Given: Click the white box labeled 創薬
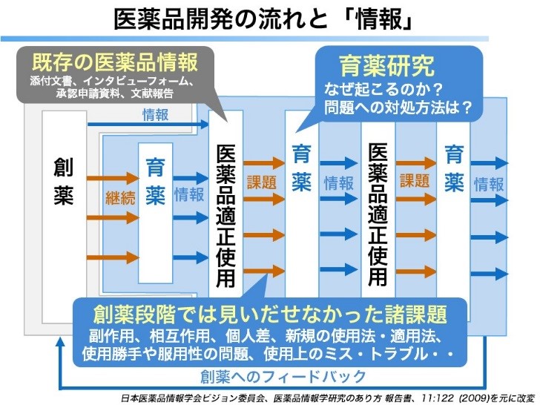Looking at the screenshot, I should (63, 182).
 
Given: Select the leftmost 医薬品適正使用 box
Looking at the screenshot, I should (225, 215).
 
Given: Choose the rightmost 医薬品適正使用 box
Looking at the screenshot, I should (378, 215).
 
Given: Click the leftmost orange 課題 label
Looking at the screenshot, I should (261, 182).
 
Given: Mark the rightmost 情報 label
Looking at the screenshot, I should (489, 184).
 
